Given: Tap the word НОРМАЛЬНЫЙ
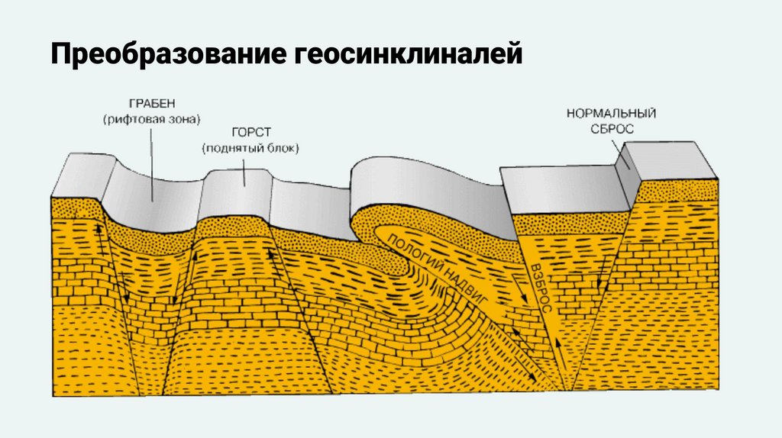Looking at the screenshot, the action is tap(612, 114).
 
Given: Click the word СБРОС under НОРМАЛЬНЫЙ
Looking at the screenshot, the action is tap(612, 129).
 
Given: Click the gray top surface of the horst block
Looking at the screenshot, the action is tap(236, 187).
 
